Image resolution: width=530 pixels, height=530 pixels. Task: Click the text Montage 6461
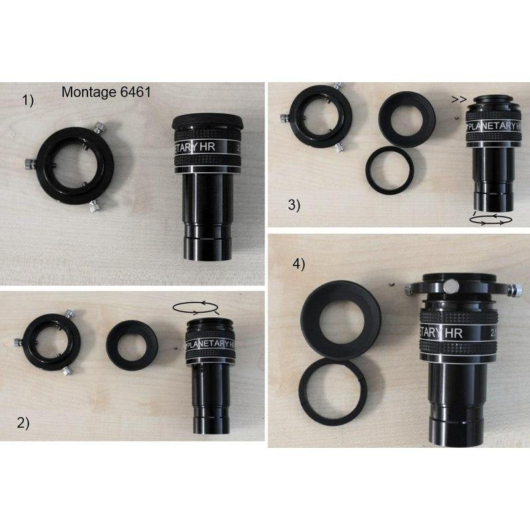point(106,93)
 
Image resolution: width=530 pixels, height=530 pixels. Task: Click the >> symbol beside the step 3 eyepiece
point(456,101)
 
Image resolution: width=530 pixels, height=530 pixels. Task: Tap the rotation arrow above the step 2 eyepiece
point(195,307)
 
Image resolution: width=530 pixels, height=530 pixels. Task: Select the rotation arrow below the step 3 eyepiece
point(490,218)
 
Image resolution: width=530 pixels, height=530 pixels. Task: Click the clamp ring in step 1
point(74,166)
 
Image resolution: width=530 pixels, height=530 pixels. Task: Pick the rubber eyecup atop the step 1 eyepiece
point(208,123)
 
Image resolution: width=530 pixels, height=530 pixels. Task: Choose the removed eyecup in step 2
point(132,344)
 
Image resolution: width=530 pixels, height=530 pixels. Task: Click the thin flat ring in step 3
point(390,170)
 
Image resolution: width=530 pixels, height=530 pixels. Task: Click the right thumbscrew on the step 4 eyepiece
point(515,290)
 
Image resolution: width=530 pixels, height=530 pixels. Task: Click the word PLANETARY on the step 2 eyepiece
point(209,344)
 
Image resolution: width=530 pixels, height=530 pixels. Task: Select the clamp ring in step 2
point(49,341)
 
